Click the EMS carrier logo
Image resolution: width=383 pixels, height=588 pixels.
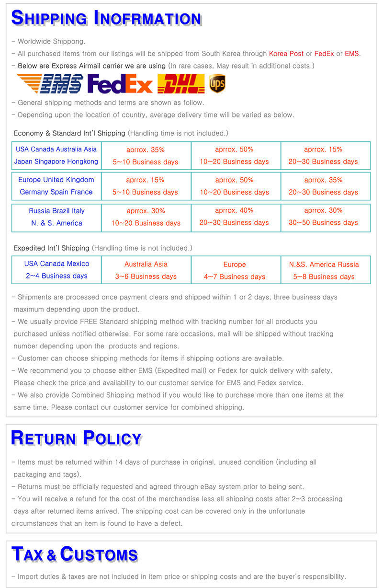pyautogui.click(x=50, y=84)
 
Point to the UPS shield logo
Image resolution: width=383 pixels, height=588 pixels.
pyautogui.click(x=217, y=84)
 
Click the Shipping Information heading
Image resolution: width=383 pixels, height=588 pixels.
pyautogui.click(x=106, y=18)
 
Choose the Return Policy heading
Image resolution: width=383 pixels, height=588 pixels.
pyautogui.click(x=76, y=438)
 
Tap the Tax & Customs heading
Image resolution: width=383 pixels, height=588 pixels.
pyautogui.click(x=75, y=554)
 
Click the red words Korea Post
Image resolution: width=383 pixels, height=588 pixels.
pyautogui.click(x=286, y=54)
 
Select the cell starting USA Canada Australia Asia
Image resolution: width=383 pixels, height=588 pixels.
pyautogui.click(x=56, y=155)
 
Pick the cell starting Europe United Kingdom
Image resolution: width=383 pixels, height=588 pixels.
pyautogui.click(x=56, y=186)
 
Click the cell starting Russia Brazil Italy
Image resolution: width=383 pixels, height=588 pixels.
pyautogui.click(x=56, y=217)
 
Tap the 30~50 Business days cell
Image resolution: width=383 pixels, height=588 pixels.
pyautogui.click(x=323, y=217)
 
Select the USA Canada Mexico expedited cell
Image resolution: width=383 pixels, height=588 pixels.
pyautogui.click(x=56, y=270)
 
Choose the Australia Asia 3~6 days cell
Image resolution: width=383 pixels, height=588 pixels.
pyautogui.click(x=146, y=270)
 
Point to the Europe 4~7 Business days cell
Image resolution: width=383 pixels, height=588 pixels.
pyautogui.click(x=235, y=270)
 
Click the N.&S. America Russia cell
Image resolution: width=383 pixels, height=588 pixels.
pyautogui.click(x=324, y=270)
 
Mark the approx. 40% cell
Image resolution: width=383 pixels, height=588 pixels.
pyautogui.click(x=235, y=217)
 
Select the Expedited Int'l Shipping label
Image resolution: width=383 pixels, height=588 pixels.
pyautogui.click(x=51, y=248)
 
